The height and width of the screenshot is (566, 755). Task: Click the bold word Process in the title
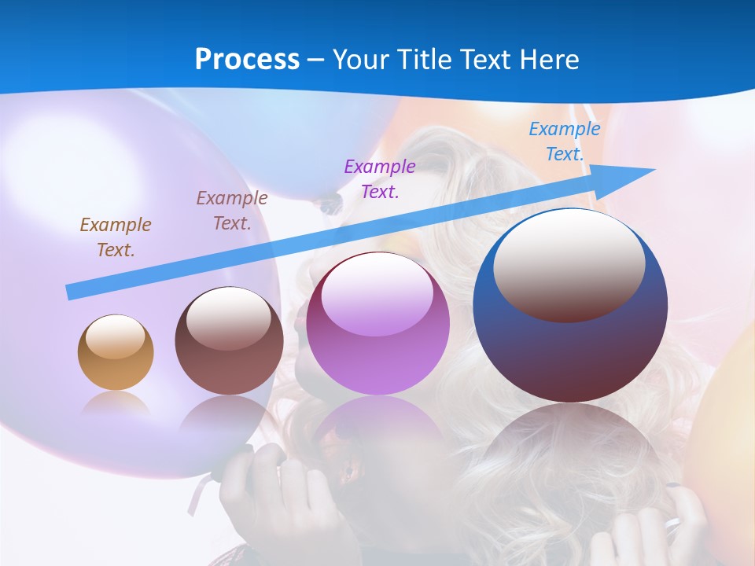click(247, 60)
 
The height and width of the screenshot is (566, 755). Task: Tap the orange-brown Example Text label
click(115, 237)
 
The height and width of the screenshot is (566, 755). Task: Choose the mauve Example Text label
click(232, 211)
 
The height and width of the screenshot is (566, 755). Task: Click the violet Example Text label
click(380, 178)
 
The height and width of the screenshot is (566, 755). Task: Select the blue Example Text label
click(564, 141)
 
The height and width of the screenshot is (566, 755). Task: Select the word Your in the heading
click(363, 60)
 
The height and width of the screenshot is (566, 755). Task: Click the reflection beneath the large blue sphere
click(570, 448)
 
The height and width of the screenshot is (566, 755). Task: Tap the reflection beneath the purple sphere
click(377, 432)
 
